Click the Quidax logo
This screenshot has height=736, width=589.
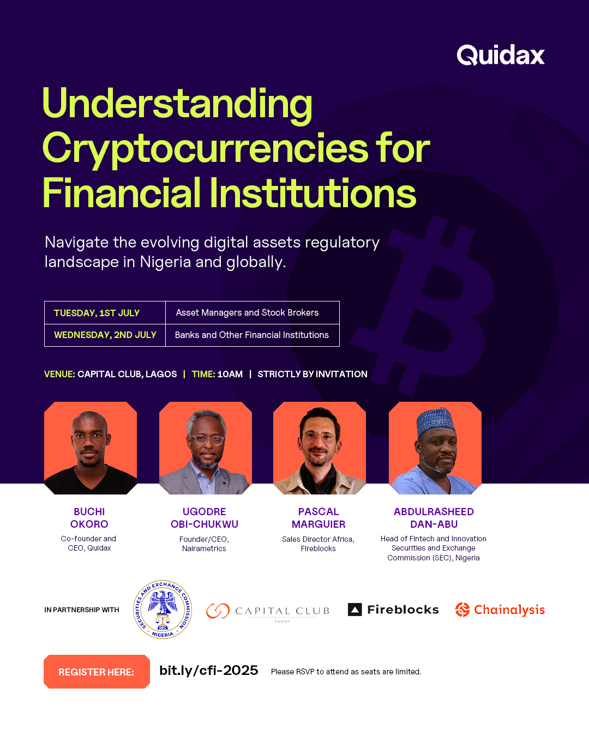(x=501, y=55)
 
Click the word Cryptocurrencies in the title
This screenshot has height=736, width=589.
(x=205, y=148)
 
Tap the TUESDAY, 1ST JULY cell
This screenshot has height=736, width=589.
(x=97, y=313)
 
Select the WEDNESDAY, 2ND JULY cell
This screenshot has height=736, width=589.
(x=105, y=335)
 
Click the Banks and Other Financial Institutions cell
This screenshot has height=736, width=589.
(x=251, y=335)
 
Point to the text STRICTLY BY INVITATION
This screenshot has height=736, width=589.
(x=312, y=374)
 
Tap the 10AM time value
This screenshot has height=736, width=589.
(x=230, y=374)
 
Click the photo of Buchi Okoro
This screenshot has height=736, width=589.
(x=91, y=448)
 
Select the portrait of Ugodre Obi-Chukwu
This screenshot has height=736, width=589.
(x=206, y=448)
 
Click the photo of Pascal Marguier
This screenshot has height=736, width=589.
(x=320, y=448)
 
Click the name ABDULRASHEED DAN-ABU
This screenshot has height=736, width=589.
(x=434, y=518)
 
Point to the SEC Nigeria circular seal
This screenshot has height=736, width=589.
(x=163, y=609)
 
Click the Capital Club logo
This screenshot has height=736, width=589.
(x=268, y=611)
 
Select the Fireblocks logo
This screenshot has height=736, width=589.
(x=393, y=610)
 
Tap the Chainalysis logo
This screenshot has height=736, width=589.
(x=500, y=610)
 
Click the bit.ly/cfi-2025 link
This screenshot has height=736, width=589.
(x=208, y=671)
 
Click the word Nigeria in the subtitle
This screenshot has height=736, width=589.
(x=165, y=262)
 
